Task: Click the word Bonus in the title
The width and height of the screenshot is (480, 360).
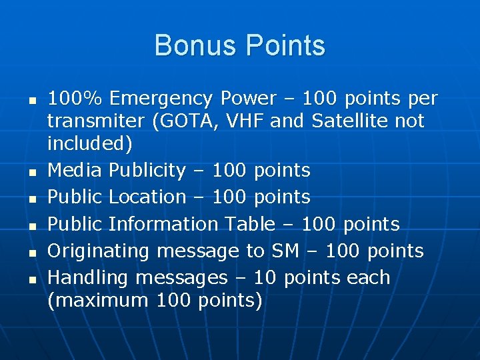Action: click(x=197, y=46)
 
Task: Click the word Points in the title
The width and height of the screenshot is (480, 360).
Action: click(x=285, y=46)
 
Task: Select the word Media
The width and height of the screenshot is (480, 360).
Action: click(x=75, y=171)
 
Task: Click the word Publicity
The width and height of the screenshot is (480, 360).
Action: click(x=147, y=171)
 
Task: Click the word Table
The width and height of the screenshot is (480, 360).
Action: click(x=250, y=224)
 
